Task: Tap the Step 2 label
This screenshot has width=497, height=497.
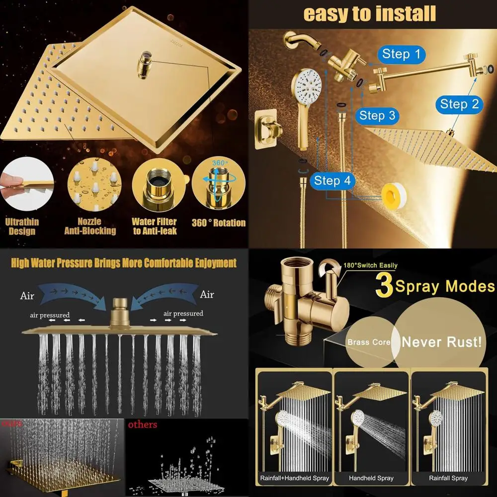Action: click(x=459, y=104)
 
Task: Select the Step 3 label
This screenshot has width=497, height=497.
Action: click(x=378, y=116)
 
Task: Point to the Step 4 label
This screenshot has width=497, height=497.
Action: click(x=332, y=181)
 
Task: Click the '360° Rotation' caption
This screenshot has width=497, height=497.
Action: click(x=219, y=223)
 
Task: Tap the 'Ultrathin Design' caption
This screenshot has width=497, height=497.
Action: click(x=22, y=226)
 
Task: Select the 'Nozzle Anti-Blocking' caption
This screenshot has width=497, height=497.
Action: click(x=90, y=226)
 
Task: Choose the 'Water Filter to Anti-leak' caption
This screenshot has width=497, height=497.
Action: click(x=154, y=226)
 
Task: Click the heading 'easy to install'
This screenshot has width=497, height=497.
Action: click(x=370, y=13)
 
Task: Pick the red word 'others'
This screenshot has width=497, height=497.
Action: click(x=143, y=424)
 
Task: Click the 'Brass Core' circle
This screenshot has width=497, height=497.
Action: click(x=369, y=342)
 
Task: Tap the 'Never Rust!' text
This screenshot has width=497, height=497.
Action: click(x=441, y=341)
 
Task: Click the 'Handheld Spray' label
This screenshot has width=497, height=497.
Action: click(x=371, y=478)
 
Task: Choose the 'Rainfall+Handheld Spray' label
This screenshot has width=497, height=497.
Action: click(x=294, y=478)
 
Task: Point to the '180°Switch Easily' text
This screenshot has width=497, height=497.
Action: click(x=371, y=266)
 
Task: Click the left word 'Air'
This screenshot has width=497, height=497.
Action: click(x=27, y=295)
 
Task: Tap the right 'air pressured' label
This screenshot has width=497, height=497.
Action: click(x=183, y=314)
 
